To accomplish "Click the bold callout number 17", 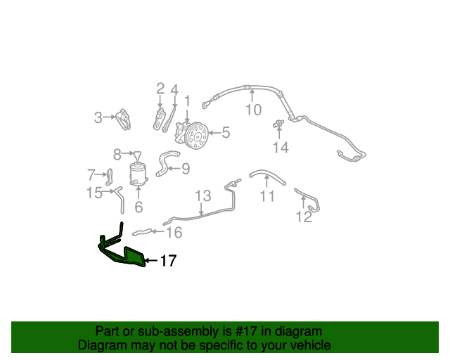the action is [x=169, y=261].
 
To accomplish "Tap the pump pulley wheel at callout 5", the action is [x=197, y=136].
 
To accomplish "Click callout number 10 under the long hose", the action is [x=254, y=110].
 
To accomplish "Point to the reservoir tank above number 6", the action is [x=139, y=174].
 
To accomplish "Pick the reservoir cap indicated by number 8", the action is [x=138, y=155].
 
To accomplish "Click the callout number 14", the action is [x=281, y=148].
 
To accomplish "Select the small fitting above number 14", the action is [x=278, y=124].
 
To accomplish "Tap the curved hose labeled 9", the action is [x=166, y=163].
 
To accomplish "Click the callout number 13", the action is [x=203, y=195].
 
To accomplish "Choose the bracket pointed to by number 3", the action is [x=124, y=119].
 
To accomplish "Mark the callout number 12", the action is [x=304, y=217].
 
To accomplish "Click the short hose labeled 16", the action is [x=142, y=232].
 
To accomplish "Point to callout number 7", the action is [x=91, y=174].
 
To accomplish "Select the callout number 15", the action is [x=94, y=193].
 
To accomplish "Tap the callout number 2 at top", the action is [x=160, y=89].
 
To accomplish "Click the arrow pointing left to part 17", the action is [x=151, y=261].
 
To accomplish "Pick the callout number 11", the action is [x=267, y=196].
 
